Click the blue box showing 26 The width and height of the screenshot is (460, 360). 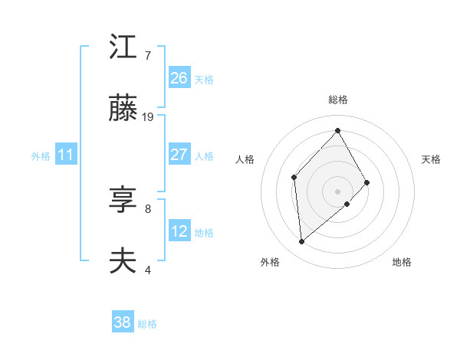click(179, 78)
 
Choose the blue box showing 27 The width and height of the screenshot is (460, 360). click(179, 155)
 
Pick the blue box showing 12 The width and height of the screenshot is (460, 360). click(179, 231)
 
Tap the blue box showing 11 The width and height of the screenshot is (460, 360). click(66, 155)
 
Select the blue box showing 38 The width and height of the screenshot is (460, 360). click(123, 322)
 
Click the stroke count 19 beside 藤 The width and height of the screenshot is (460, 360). click(149, 117)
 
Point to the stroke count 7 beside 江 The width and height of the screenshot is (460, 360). click(148, 56)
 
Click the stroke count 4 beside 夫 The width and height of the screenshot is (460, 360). click(148, 270)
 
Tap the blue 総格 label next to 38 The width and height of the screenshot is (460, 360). click(147, 324)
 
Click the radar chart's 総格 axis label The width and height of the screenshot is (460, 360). click(338, 100)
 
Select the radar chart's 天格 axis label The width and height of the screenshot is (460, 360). click(432, 159)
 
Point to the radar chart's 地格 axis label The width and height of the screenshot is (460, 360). click(402, 262)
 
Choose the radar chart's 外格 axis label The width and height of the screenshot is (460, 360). click(270, 262)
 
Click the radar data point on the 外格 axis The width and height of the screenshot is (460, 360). click(302, 242)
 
